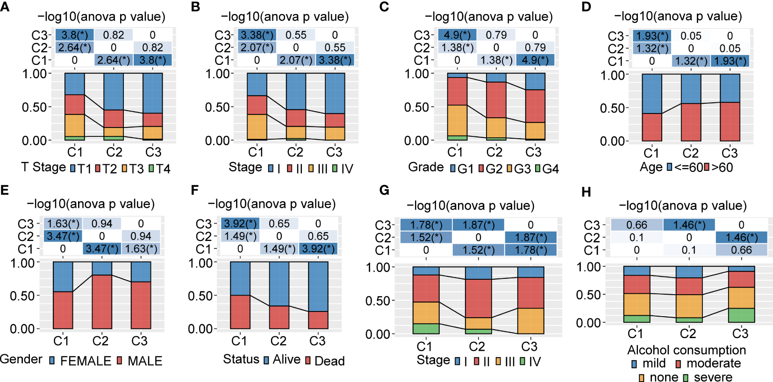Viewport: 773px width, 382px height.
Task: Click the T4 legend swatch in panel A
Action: click(151, 169)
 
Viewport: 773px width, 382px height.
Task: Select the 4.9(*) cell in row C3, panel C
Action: click(457, 35)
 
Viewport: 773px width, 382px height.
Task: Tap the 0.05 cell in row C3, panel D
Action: click(691, 36)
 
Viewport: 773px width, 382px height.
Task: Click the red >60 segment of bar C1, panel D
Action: click(651, 127)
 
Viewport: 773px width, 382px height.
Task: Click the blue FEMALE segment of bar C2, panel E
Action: click(101, 268)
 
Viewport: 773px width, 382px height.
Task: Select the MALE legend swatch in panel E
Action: click(119, 361)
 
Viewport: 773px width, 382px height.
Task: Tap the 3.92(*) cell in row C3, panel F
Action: click(240, 224)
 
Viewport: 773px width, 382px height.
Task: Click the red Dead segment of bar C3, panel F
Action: click(317, 320)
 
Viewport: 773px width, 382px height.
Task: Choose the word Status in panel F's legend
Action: click(241, 359)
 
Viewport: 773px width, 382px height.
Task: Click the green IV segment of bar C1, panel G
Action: click(426, 329)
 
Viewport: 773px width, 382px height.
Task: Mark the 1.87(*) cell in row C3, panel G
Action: click(478, 225)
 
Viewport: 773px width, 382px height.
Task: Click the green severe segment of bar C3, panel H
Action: click(741, 315)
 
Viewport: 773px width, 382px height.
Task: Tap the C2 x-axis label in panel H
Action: click(687, 333)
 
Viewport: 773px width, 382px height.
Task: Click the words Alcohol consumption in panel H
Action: click(686, 350)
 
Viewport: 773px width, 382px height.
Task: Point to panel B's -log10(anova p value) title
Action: click(285, 17)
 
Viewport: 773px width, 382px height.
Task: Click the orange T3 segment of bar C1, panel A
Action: click(75, 125)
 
